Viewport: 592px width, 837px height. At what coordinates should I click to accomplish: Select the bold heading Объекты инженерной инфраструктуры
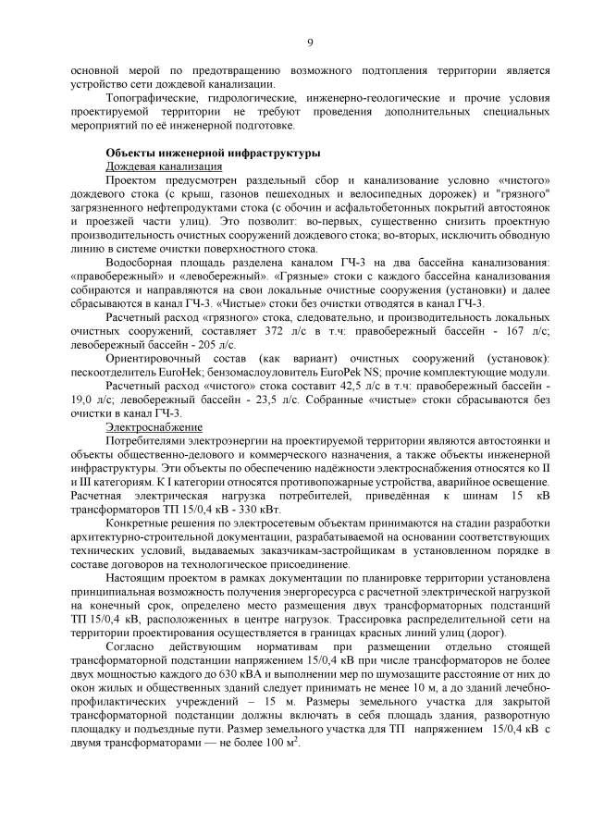click(x=213, y=153)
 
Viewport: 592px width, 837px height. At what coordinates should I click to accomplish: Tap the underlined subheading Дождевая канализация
click(x=164, y=166)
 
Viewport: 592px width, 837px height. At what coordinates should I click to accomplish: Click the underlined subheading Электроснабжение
click(x=154, y=427)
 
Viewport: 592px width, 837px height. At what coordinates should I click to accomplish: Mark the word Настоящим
click(x=137, y=585)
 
